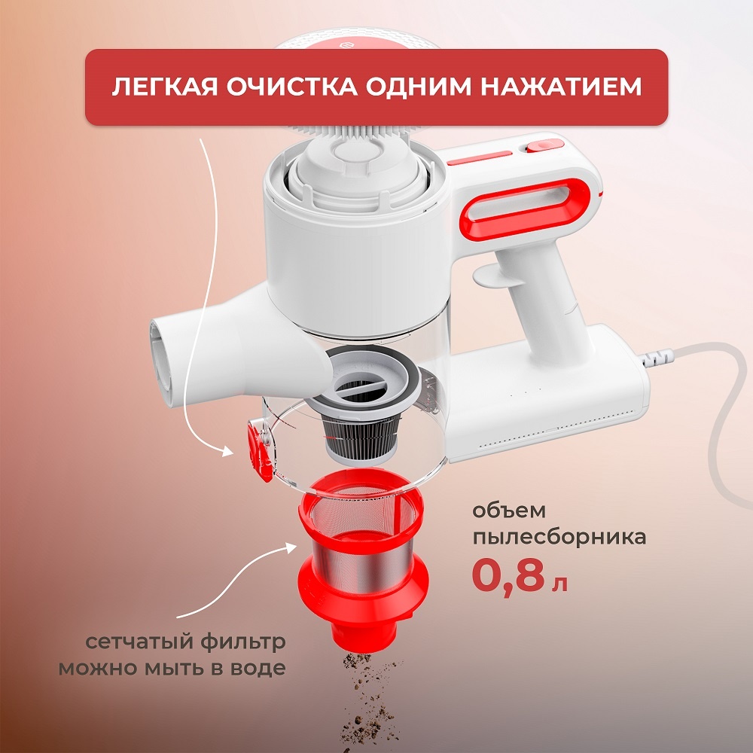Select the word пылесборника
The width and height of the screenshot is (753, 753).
(x=558, y=538)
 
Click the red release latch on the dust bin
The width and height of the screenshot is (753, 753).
(x=259, y=450)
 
